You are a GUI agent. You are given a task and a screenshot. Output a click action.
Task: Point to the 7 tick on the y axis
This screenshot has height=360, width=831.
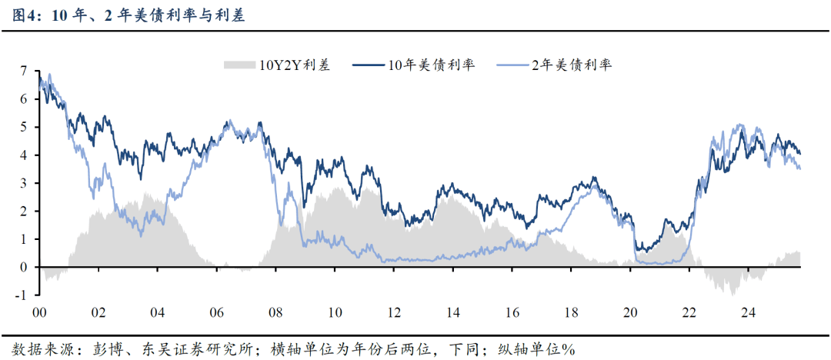(x=24, y=71)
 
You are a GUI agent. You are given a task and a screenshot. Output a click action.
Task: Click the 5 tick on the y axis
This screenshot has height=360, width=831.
(x=24, y=127)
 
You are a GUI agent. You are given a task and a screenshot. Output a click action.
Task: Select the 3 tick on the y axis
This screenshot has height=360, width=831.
(x=24, y=183)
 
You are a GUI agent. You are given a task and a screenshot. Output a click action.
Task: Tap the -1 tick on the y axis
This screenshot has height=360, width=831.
(x=22, y=295)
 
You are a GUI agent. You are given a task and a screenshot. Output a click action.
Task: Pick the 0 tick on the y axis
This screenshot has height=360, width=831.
(x=24, y=268)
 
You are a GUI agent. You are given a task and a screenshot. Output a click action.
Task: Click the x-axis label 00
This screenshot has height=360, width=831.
(x=38, y=314)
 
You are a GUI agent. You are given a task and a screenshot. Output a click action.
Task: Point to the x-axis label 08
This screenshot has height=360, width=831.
(x=275, y=314)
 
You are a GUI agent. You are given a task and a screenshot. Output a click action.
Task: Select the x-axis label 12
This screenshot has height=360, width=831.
(x=394, y=314)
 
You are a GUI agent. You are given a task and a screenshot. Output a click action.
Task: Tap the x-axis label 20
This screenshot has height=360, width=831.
(x=631, y=314)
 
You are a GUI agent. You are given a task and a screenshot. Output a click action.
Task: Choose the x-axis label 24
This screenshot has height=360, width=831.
(x=749, y=314)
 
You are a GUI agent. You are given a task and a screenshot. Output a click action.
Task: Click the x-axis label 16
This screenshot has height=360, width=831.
(x=512, y=314)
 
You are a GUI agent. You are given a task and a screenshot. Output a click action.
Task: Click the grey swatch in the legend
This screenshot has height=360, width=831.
(x=239, y=65)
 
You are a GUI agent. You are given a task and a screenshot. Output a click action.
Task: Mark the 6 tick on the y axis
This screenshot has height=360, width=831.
(x=24, y=99)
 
